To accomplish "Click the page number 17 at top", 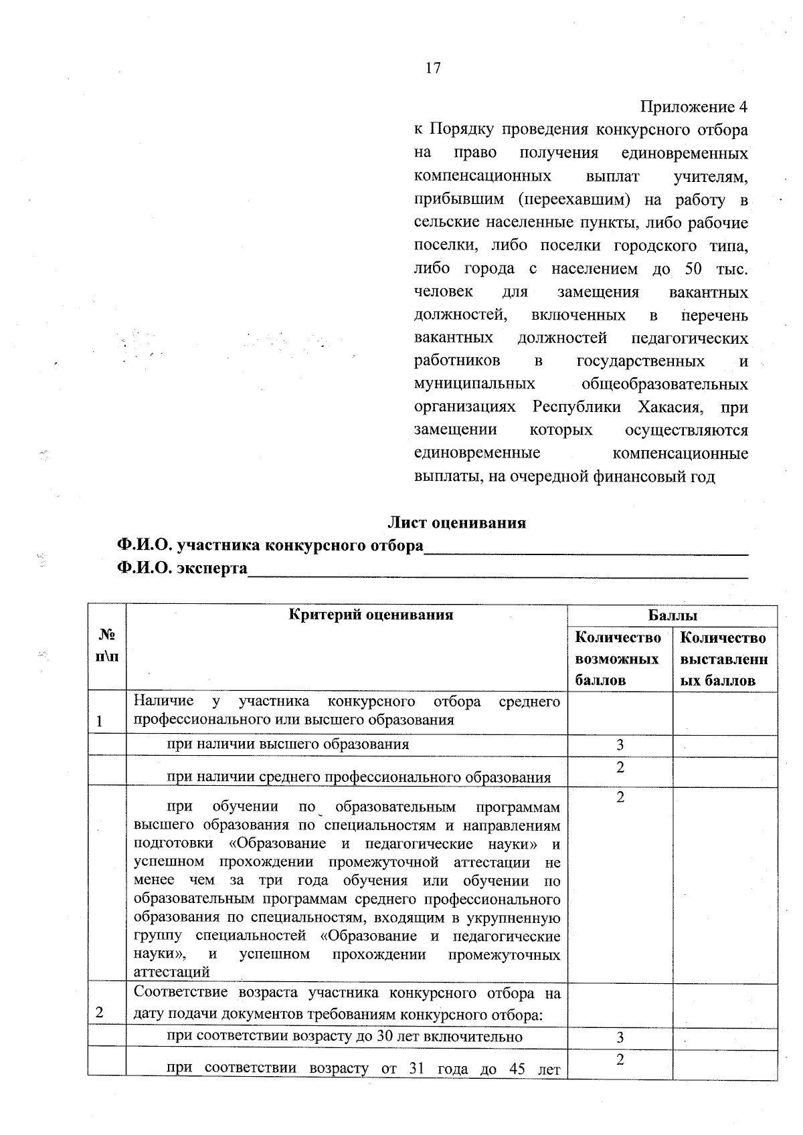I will coord(433,68).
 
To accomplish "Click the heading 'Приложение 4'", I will coord(693,108).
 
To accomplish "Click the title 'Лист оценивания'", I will coord(458,523).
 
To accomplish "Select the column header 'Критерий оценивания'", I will coord(371,615).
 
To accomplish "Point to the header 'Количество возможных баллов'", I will coord(619,659).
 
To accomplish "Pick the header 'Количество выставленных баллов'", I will coord(724,659).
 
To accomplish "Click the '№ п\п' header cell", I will coord(107,645).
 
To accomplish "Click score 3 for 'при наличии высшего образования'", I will coord(620,745).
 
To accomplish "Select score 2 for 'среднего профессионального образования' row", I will coord(620,768).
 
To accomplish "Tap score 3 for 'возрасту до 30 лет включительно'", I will coord(620,1037).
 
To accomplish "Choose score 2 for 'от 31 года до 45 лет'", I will coord(620,1060).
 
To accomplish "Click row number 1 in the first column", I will coord(100,722).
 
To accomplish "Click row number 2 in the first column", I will coord(100,1013).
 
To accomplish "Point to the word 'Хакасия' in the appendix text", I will coord(669,407).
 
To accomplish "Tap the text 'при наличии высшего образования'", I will coord(288,744).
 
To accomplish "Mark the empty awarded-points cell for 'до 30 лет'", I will coord(725,1037).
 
